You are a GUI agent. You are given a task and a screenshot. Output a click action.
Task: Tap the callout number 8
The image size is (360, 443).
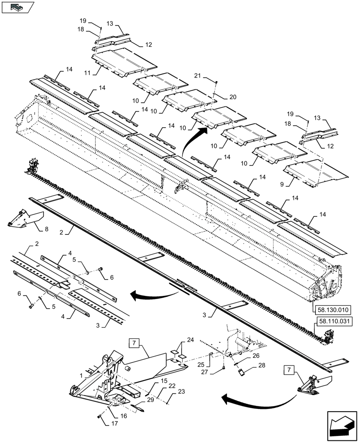[x=47, y=229]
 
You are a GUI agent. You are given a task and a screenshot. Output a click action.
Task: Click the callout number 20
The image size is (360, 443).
[x=232, y=97]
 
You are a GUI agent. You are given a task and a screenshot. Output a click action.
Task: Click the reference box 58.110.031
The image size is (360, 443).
[x=333, y=322]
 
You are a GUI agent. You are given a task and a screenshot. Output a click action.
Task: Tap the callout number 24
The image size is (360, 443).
[x=190, y=340]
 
